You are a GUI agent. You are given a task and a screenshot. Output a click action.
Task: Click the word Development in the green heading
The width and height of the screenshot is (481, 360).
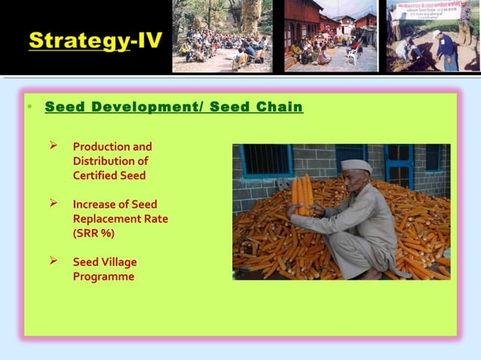pos(133,107)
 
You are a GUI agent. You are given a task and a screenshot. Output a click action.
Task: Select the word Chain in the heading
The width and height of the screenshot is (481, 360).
pos(279,107)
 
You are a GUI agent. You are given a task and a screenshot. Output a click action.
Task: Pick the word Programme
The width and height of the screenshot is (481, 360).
pos(103,276)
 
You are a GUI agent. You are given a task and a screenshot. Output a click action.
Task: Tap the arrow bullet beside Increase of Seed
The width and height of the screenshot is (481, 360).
pos(54,203)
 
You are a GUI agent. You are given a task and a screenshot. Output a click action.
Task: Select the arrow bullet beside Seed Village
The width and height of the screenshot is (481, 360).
pos(54,261)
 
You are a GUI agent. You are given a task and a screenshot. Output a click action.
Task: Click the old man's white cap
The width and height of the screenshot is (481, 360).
pos(355,166)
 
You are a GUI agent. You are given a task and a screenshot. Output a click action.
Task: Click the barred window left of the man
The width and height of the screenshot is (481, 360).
pos(266,160)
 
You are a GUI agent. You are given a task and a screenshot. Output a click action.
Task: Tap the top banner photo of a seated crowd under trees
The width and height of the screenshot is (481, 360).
pos(222,38)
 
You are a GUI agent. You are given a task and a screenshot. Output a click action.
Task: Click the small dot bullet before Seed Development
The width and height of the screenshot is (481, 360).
pos(29,107)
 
